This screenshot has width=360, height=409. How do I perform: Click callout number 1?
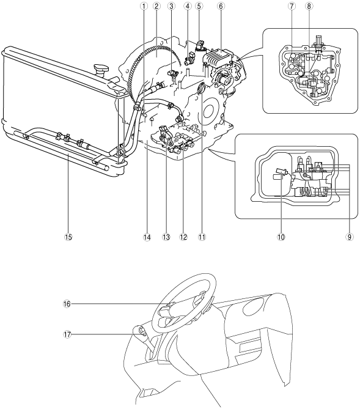(144, 6)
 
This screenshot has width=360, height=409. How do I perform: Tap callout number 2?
(156, 6)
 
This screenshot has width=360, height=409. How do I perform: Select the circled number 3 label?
(171, 6)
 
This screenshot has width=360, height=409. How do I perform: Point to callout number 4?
(187, 6)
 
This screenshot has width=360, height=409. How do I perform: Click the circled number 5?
(199, 6)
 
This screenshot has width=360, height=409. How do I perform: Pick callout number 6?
(221, 6)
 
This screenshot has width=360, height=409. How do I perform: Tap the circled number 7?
(292, 6)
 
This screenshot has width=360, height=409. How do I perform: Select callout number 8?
(309, 6)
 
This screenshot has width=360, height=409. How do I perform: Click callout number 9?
(350, 237)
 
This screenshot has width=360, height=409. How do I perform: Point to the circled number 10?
(281, 237)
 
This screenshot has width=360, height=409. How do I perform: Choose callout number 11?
(202, 237)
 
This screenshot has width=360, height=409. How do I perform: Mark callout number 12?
(183, 237)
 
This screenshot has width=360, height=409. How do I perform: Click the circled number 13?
(166, 237)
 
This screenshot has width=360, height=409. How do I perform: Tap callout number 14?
(147, 237)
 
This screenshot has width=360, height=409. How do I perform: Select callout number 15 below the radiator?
(68, 237)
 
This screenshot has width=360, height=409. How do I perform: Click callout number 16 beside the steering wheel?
(67, 304)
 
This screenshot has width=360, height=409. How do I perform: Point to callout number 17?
(67, 334)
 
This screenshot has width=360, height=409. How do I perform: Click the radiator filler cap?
(101, 68)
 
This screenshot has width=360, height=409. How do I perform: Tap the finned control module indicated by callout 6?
(219, 58)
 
